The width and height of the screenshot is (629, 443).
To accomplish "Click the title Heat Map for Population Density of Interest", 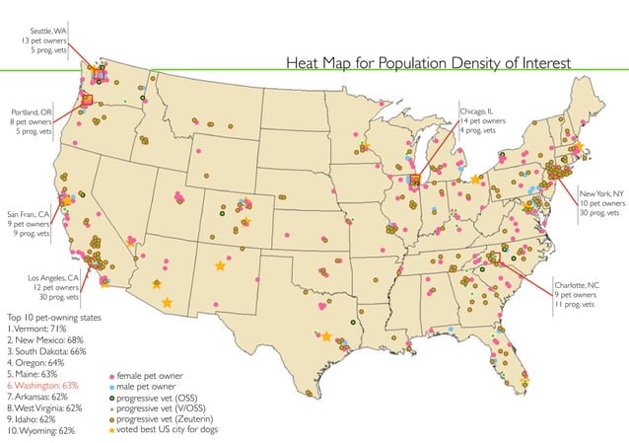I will tap(427, 63).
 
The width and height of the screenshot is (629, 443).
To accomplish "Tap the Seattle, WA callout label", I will tap(48, 40).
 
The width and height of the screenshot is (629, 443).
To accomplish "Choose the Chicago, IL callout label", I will tap(483, 121).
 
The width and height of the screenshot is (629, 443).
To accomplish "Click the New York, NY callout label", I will tap(599, 202).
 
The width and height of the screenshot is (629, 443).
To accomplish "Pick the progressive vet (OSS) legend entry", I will tap(158, 398).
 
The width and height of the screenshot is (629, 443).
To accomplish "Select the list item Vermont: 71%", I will tap(39, 329).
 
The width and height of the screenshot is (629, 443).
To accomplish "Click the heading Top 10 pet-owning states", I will tap(55, 317).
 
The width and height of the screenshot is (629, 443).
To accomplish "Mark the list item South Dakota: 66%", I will tap(48, 351).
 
